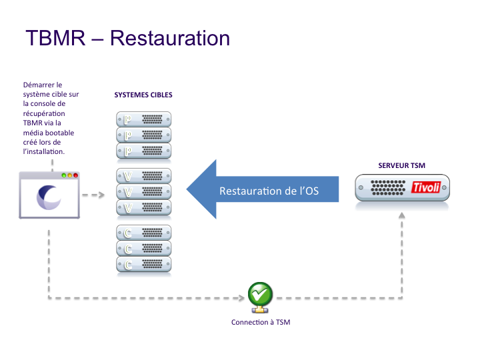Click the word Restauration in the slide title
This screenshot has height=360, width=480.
point(169,37)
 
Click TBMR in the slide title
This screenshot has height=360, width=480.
point(56,37)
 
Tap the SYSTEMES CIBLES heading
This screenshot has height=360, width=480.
point(143,95)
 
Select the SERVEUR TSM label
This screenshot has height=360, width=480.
point(402,165)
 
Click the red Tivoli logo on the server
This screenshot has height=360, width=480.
point(427,187)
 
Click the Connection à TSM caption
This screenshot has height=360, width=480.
point(261,323)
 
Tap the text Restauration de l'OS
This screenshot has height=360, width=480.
point(269,191)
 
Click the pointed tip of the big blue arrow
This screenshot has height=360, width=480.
point(187,190)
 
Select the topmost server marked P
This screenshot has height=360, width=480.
point(143,120)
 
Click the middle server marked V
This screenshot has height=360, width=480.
point(143,192)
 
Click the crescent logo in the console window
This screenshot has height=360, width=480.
point(49,196)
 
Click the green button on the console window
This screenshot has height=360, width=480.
point(63,175)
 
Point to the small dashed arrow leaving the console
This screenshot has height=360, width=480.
point(94,195)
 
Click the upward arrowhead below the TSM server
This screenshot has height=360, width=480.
point(402,216)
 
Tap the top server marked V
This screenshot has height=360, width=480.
point(143,176)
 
